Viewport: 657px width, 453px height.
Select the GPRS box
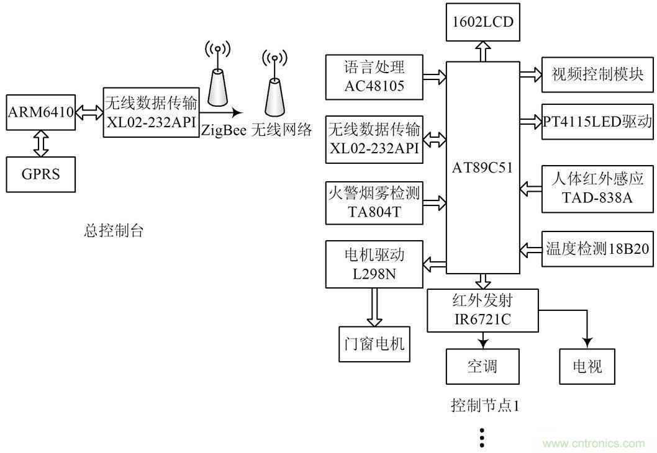(x=42, y=173)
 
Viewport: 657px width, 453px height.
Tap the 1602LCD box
(x=483, y=21)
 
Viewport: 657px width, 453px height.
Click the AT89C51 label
(x=483, y=167)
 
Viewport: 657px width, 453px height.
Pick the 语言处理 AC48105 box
(x=374, y=76)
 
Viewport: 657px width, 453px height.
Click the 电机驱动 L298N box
(x=374, y=265)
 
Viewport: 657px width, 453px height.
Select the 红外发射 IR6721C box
(x=483, y=311)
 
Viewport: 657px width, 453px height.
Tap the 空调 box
(x=483, y=366)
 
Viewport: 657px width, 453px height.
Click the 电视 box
(x=587, y=366)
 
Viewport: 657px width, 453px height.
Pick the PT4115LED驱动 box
(x=597, y=121)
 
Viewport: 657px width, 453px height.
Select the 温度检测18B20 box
(x=597, y=249)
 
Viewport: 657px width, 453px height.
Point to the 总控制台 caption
(x=114, y=231)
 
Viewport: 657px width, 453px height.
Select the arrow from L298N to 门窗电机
(x=374, y=307)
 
